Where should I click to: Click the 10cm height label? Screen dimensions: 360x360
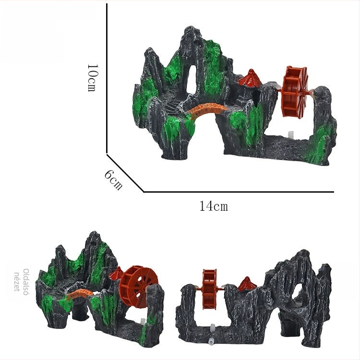tap(93, 78)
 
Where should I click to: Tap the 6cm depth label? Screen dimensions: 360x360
tap(113, 180)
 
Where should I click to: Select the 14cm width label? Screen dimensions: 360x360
tap(214, 206)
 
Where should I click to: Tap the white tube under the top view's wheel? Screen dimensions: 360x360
tap(291, 135)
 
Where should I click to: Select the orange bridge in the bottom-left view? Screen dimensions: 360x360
tap(80, 294)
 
